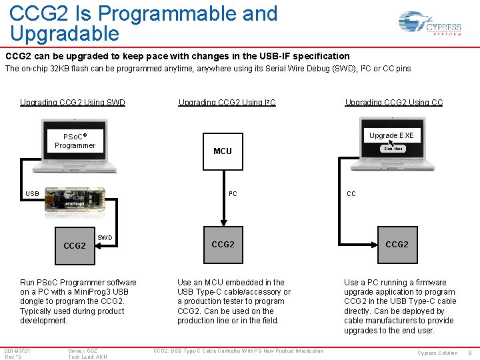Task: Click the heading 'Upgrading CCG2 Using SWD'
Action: point(73,102)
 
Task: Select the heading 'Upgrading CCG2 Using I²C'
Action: point(227,102)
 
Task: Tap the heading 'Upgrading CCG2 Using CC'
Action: point(393,102)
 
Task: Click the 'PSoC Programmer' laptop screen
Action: point(75,141)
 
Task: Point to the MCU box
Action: point(223,151)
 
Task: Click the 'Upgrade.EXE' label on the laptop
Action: point(391,135)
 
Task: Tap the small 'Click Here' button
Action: point(393,149)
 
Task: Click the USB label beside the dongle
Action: point(32,194)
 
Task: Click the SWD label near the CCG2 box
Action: point(105,238)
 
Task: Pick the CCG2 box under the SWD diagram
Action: point(74,245)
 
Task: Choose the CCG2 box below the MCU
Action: point(223,244)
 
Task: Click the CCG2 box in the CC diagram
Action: point(397,244)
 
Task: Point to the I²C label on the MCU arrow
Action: point(233,194)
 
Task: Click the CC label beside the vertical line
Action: point(351,194)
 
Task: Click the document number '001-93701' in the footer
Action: point(17,351)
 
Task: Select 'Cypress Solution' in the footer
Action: point(437,353)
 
